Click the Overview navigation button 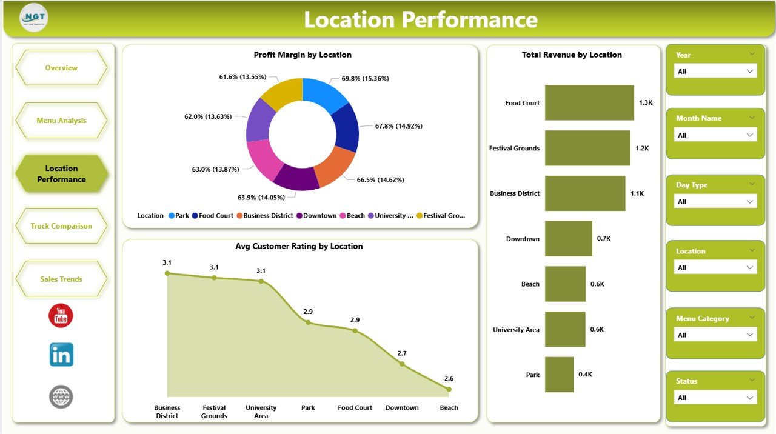point(61,68)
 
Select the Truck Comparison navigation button point(61,226)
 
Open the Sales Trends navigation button point(61,279)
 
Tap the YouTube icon point(61,316)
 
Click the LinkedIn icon point(61,355)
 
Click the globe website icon point(61,397)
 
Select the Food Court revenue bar point(589,102)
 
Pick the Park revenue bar point(559,374)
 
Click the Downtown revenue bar point(568,238)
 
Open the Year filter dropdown point(715,72)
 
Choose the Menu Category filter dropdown point(715,335)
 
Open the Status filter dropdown point(715,398)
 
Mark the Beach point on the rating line point(449,389)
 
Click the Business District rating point point(167,273)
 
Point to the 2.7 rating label point(402,353)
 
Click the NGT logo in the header point(33,18)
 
